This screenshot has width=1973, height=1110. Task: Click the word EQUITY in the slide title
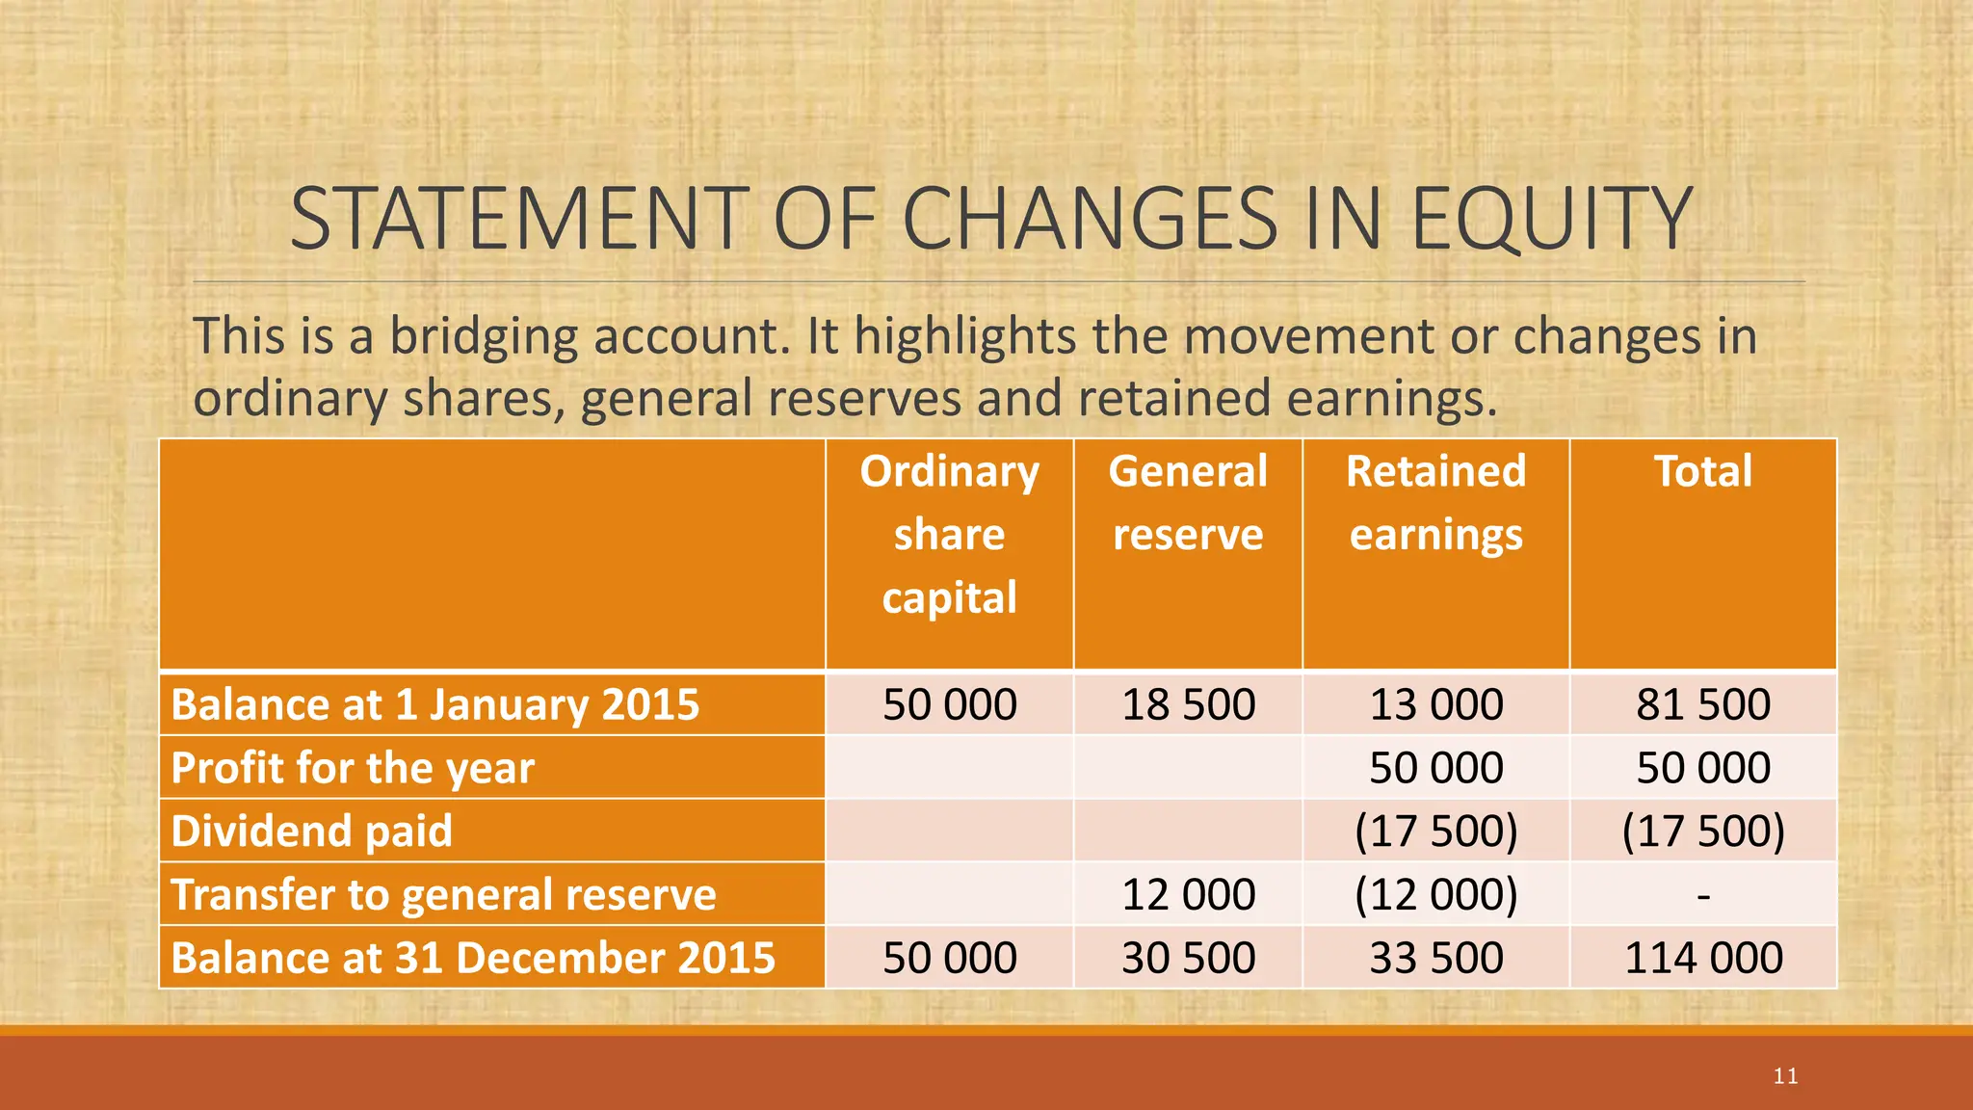pos(1550,219)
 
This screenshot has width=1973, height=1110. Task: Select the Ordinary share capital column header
pos(949,534)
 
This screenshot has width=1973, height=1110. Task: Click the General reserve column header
pos(1187,502)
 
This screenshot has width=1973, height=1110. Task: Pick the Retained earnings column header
pos(1435,502)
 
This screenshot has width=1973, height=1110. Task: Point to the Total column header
pos(1702,471)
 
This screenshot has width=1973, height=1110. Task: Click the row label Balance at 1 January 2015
pos(434,704)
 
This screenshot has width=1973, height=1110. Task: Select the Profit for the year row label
pos(353,768)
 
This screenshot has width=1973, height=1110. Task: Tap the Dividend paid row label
pos(311,831)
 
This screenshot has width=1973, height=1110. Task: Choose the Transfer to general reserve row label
pos(443,894)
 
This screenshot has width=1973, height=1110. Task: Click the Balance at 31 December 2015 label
pos(473,958)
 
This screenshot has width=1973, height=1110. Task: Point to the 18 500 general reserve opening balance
pos(1188,704)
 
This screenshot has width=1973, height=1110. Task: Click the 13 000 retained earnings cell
pos(1435,704)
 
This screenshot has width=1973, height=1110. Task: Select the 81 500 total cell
pos(1702,704)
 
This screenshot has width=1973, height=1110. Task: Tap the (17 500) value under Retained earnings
pos(1435,831)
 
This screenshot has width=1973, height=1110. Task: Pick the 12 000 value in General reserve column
pos(1188,894)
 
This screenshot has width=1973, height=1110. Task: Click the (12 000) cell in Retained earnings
pos(1435,894)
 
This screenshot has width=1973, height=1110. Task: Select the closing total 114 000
pos(1702,958)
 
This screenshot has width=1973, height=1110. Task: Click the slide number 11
pos(1785,1076)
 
